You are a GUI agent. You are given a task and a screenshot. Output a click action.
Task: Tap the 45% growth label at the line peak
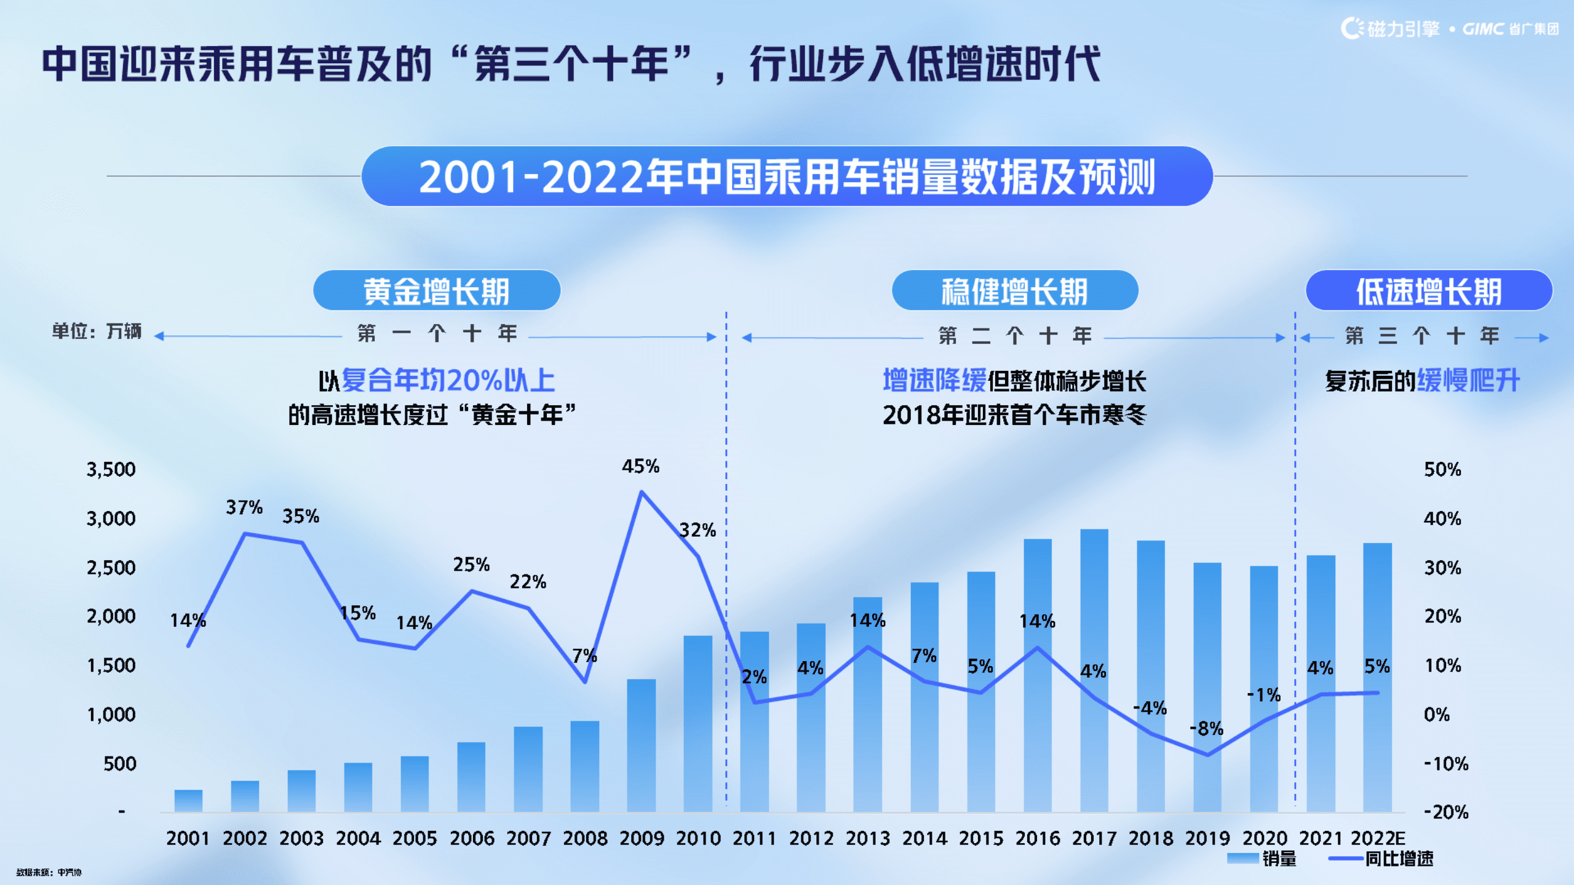640,466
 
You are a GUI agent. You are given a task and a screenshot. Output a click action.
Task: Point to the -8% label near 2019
1206,729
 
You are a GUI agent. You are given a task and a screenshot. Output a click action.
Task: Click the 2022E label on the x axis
1378,838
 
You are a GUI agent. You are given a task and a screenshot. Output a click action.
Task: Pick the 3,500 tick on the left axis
111,469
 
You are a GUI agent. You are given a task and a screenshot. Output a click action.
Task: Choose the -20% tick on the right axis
1446,812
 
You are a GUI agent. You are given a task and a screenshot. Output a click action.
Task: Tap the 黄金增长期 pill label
436,291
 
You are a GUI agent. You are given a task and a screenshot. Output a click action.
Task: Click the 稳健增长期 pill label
1014,291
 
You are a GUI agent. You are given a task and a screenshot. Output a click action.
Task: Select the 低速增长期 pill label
1428,291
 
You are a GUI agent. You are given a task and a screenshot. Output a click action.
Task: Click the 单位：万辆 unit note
97,331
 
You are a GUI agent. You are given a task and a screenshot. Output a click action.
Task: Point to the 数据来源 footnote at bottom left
49,872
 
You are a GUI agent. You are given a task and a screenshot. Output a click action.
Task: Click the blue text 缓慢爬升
1468,381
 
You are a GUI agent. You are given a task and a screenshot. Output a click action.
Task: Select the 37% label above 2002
244,507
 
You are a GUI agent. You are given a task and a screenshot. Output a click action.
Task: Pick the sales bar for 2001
188,801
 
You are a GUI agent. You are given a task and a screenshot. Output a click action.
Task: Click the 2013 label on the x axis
867,838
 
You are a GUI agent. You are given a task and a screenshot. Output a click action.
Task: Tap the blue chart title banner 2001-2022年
787,177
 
